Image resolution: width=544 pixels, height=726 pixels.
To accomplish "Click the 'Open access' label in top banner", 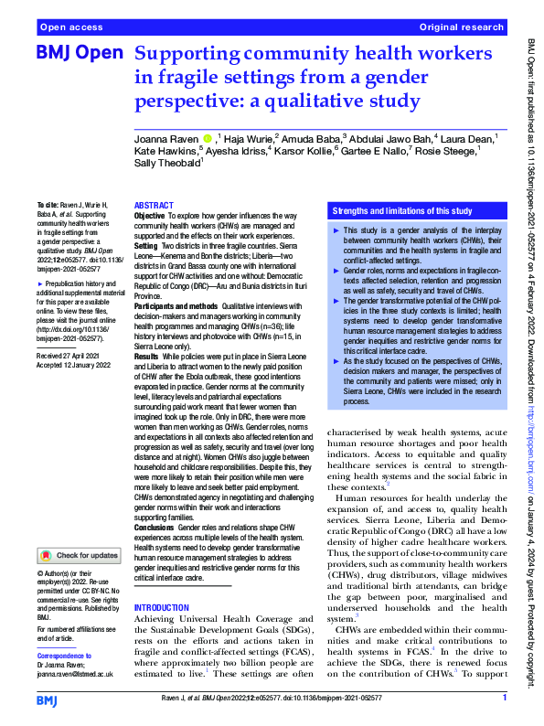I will [70, 28].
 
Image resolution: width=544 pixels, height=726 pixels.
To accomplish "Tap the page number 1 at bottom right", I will [505, 699].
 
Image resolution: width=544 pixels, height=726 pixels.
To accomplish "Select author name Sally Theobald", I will [167, 163].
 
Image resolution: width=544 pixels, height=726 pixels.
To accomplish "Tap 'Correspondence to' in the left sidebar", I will [64, 657].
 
